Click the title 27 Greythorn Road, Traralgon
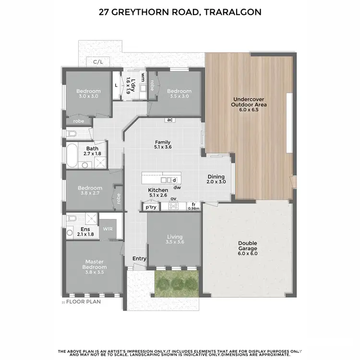coord(180,12)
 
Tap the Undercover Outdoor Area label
coord(249,104)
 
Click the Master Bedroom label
coord(95,264)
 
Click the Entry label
coord(139,259)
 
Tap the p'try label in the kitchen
coord(151,207)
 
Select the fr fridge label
coord(193,204)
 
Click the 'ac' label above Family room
coord(169,120)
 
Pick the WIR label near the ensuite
coord(108,229)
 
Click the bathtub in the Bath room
coord(72,154)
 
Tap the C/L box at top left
coord(98,61)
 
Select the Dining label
coord(216,177)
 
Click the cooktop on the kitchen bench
coord(173,207)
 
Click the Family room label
coord(163,144)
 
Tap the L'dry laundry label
coord(128,85)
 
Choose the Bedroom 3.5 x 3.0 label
coord(179,94)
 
